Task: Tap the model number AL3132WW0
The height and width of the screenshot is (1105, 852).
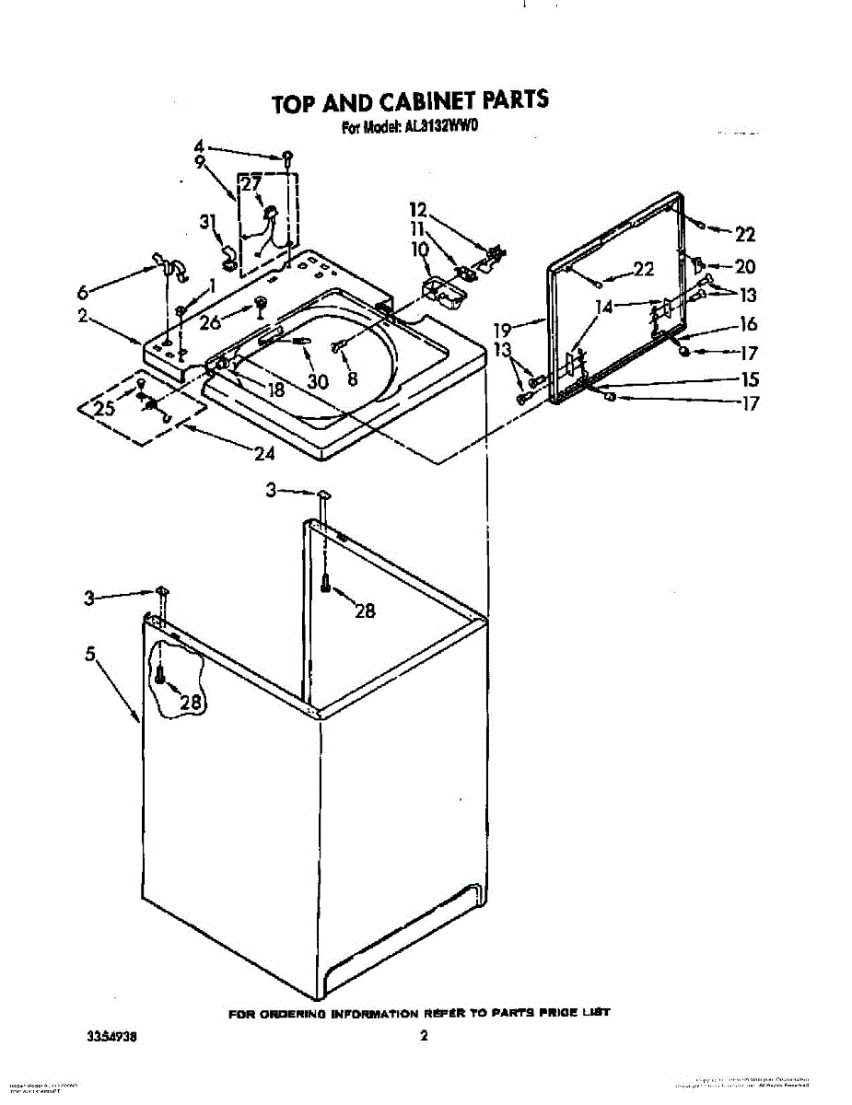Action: pos(440,129)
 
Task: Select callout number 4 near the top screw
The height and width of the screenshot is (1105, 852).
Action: pos(198,146)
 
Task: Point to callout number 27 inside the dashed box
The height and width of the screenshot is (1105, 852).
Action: pos(251,183)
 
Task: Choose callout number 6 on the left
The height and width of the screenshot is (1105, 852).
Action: pos(83,292)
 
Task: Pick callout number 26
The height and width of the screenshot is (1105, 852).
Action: pos(210,322)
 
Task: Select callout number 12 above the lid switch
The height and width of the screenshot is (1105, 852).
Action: pos(419,210)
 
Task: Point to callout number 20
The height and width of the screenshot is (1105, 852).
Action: pos(744,266)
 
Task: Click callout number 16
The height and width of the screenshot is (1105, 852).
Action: pos(748,323)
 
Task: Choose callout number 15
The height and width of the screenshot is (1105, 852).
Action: pos(750,378)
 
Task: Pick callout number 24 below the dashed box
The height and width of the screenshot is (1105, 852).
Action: pos(264,453)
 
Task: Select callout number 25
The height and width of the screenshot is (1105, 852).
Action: pos(105,408)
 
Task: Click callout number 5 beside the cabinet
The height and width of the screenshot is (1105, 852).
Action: pos(90,655)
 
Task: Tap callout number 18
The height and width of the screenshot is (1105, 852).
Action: pos(275,390)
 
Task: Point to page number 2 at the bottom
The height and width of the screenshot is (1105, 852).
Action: pos(424,1036)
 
